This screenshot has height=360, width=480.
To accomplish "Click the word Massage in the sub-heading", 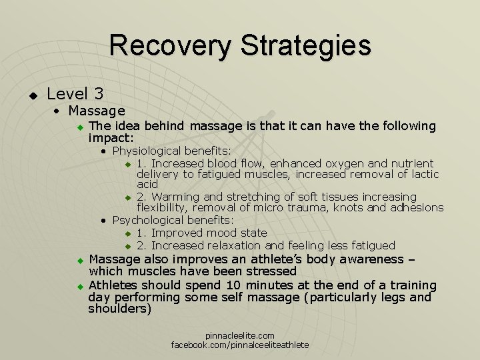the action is click(97, 111).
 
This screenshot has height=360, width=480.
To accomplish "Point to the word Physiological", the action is click(147, 151).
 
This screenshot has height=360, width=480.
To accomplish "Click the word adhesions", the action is click(415, 208).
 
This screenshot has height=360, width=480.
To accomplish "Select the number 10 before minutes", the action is click(233, 285).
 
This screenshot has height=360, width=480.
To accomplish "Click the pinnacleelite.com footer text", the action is click(240, 335).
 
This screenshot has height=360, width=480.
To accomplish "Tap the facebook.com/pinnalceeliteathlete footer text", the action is click(240, 345).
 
